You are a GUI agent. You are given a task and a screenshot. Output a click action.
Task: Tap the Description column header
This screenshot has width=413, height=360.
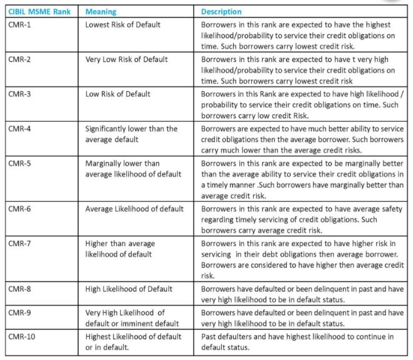click(222, 12)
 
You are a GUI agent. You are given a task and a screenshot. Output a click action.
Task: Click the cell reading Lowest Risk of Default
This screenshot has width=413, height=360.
click(122, 24)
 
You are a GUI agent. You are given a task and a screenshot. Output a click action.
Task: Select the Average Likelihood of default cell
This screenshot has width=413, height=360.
click(134, 209)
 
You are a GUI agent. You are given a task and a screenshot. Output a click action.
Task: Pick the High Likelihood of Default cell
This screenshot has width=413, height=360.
click(129, 289)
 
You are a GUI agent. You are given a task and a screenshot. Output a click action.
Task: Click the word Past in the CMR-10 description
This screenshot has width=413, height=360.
click(211, 336)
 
